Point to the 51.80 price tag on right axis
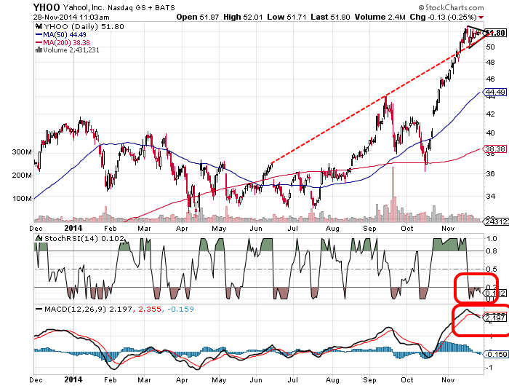tap(495, 33)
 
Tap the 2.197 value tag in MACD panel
tap(495, 317)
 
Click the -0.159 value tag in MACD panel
tap(495, 354)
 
